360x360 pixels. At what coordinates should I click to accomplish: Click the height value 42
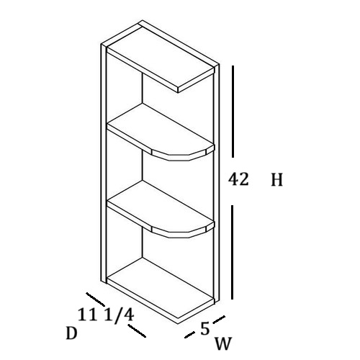[238, 179]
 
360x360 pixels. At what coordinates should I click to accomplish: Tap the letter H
[277, 180]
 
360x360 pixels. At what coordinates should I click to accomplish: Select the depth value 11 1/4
[106, 315]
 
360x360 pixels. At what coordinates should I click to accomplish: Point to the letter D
[71, 333]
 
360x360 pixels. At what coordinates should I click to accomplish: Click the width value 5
[205, 328]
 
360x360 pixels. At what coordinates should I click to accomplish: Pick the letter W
[223, 343]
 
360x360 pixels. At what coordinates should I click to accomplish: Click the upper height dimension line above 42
[233, 112]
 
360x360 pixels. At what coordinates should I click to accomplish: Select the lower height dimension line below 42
[232, 252]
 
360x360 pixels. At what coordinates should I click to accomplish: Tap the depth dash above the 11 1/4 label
[96, 300]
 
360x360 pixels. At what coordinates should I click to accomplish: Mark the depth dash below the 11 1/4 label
[137, 330]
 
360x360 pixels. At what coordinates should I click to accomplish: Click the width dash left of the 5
[189, 335]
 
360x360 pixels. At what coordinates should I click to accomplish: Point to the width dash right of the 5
[219, 319]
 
